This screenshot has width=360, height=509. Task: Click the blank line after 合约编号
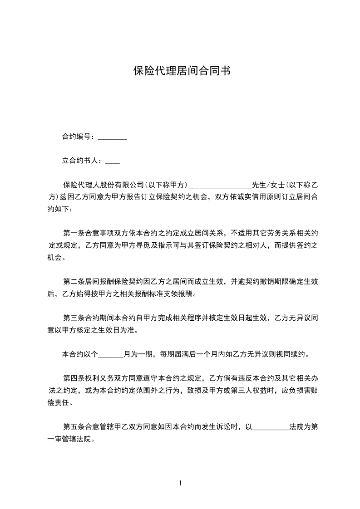(x=112, y=137)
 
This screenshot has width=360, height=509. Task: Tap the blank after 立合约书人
(x=112, y=161)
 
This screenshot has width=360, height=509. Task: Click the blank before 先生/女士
(x=219, y=185)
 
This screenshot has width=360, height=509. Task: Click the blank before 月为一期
(x=110, y=354)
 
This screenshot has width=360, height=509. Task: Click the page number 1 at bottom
(x=180, y=483)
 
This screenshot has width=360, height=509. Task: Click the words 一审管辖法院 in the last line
(x=70, y=439)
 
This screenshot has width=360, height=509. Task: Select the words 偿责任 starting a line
(x=59, y=403)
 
